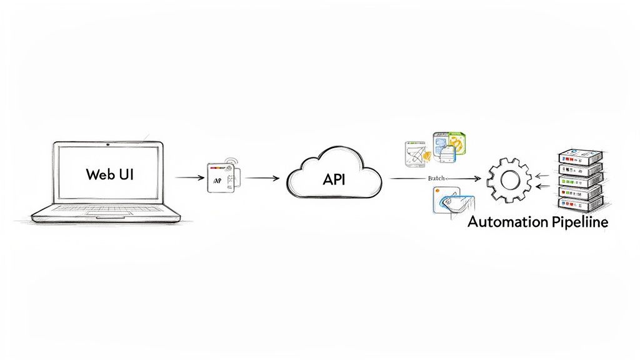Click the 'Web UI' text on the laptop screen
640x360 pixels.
coord(109,174)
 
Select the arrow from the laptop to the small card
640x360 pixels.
coord(190,178)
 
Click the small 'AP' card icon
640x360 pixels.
coord(222,178)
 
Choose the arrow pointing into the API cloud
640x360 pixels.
coord(264,178)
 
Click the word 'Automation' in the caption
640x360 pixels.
coord(506,222)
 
